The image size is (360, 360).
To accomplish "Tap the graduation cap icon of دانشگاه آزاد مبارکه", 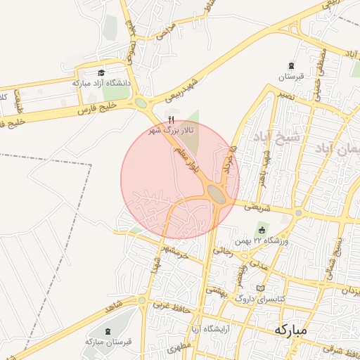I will point(101,73).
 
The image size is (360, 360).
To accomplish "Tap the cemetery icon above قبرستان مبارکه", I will point(107,331).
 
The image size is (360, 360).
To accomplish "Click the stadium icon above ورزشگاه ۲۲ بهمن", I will point(262,230).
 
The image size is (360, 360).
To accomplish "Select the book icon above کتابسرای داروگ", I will point(262,288).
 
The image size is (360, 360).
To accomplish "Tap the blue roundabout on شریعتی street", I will point(299,212).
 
